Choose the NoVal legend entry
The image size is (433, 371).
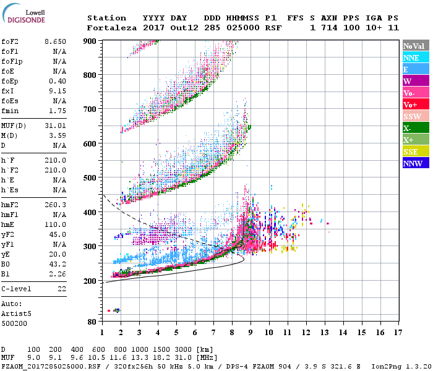(415, 46)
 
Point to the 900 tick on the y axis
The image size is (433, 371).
(90, 41)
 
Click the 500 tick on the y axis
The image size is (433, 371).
(90, 177)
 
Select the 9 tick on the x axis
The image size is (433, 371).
(251, 333)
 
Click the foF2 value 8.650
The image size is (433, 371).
(55, 41)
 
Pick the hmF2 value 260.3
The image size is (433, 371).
(56, 204)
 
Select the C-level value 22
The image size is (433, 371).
(61, 289)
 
